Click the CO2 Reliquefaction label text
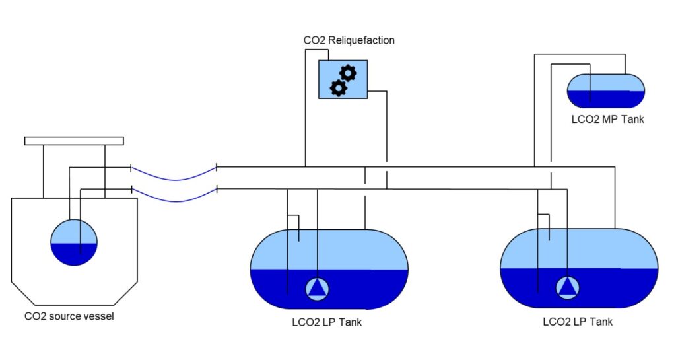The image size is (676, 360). (x=349, y=40)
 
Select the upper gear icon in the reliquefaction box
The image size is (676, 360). (x=348, y=73)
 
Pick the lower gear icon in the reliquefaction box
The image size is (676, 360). (x=338, y=88)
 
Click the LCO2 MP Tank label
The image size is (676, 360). (x=607, y=120)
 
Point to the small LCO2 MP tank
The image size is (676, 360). (x=606, y=90)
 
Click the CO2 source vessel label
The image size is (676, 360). (x=69, y=316)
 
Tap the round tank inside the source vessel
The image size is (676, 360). (x=74, y=242)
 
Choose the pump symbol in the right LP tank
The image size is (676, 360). (x=566, y=287)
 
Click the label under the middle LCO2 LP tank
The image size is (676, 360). (x=327, y=322)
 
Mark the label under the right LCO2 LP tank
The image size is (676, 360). (x=578, y=322)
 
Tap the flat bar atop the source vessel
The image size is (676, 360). (x=74, y=140)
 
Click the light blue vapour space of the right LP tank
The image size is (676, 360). (x=594, y=250)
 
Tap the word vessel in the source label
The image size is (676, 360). (x=99, y=316)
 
